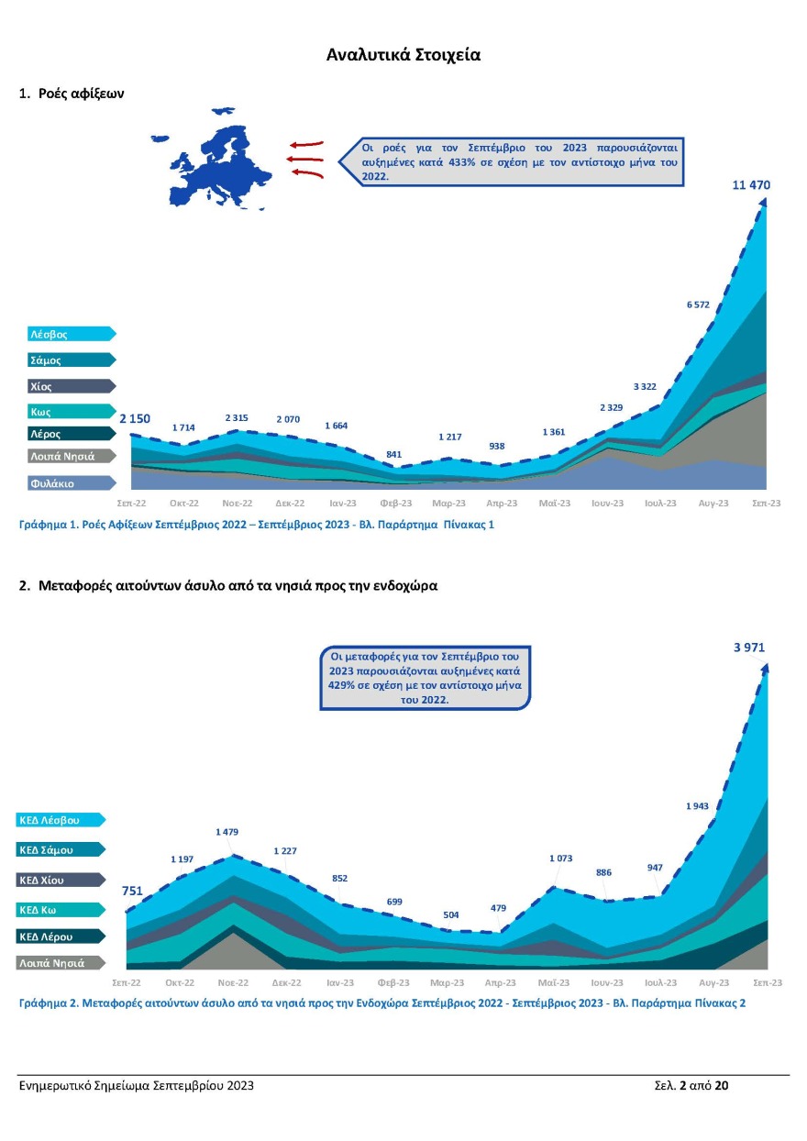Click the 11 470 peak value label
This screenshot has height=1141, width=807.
pos(751,185)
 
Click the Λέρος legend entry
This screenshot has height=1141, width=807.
pos(46,434)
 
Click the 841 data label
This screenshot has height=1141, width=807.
pos(393,454)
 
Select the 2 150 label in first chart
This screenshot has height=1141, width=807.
pos(135,419)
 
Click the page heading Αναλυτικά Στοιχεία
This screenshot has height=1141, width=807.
pos(403,55)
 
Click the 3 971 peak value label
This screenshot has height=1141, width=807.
pos(749,648)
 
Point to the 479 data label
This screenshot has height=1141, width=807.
pos(498,908)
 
